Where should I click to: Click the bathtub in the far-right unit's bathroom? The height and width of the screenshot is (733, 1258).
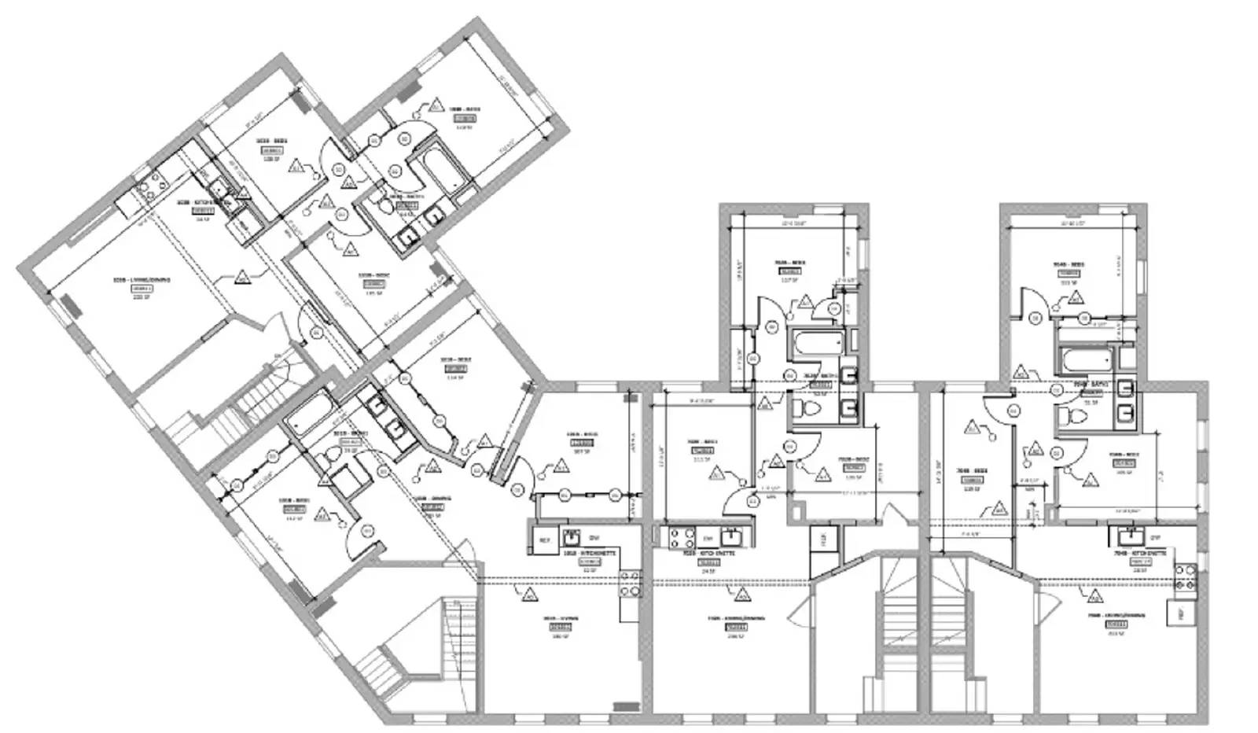pyautogui.click(x=1086, y=362)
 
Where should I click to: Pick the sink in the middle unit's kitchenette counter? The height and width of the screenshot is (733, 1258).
pyautogui.click(x=731, y=538)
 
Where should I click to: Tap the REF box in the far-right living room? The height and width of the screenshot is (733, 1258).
pyautogui.click(x=1177, y=614)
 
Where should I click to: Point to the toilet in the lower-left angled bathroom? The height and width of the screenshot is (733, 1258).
pyautogui.click(x=329, y=457)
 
